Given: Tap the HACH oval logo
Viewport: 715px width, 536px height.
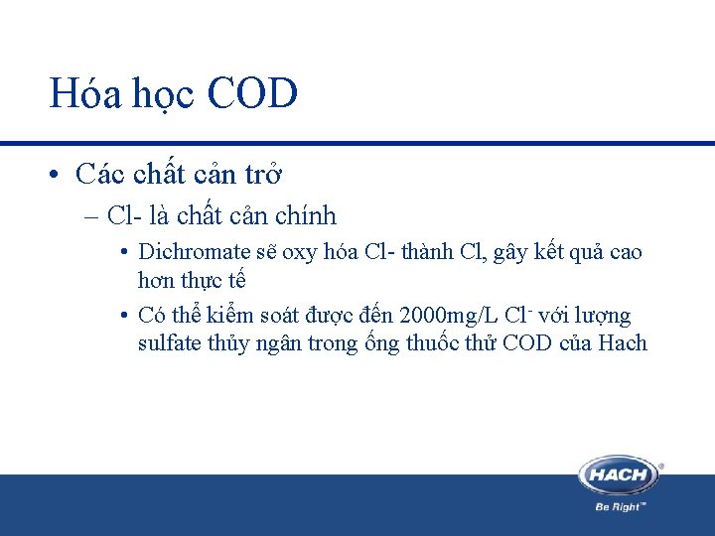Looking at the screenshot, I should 620,474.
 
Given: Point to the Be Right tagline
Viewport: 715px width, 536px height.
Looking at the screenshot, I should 621,506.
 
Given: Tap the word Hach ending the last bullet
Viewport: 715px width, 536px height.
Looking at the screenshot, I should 623,343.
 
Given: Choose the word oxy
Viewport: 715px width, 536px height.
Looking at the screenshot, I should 299,252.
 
